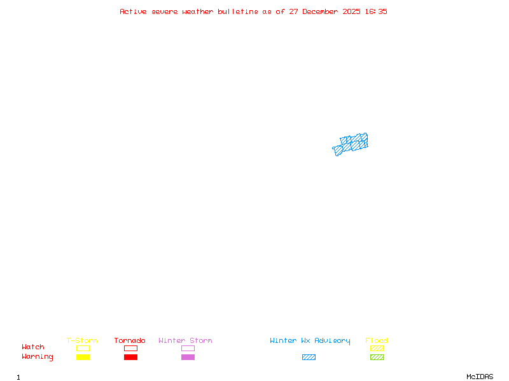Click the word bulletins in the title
coord(238,11)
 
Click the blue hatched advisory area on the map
coord(352,144)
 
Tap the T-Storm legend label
coord(82,341)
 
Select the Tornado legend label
coord(130,341)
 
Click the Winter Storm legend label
coord(185,341)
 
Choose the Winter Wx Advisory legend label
coord(310,341)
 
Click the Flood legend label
coord(377,341)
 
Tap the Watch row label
coord(33,347)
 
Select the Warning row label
coord(38,357)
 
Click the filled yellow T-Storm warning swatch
coord(83,357)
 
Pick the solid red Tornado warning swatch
coord(130,357)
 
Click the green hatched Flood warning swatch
coord(377,357)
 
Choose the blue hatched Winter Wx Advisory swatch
coord(309,357)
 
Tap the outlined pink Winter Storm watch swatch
coord(188,348)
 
